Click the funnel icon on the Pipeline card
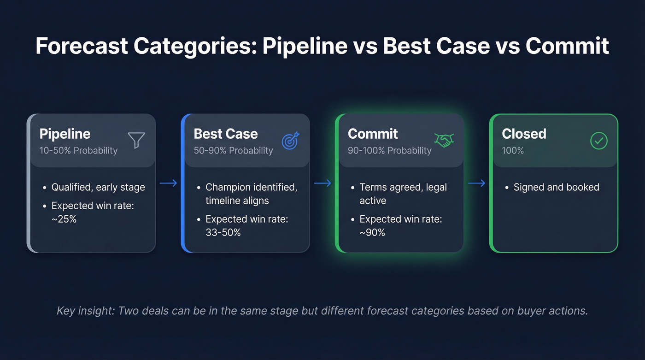click(136, 140)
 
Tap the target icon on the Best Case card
click(290, 141)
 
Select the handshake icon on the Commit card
click(444, 140)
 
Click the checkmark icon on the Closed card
click(598, 141)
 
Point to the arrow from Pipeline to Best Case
click(168, 183)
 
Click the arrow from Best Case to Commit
click(322, 183)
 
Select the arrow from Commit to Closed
click(476, 183)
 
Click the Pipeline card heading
click(65, 134)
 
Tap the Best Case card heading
click(226, 134)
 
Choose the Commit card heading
click(373, 134)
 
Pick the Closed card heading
click(524, 134)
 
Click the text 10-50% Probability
click(78, 151)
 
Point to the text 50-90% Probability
click(233, 151)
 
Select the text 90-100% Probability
click(389, 151)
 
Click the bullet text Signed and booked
click(556, 187)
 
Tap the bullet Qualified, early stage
click(98, 187)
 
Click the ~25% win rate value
click(64, 219)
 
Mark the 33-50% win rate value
click(223, 232)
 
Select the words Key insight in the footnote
click(85, 311)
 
